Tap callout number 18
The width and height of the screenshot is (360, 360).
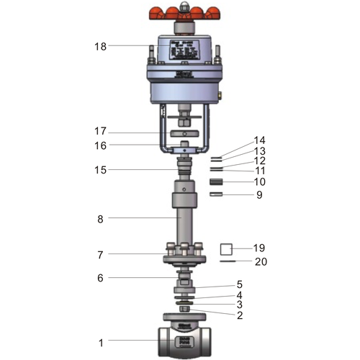coord(100,46)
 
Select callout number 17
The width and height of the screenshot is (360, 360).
coord(100,132)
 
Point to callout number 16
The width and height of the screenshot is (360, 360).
coord(100,145)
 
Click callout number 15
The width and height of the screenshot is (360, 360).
coord(100,170)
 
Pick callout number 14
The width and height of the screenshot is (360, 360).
coord(259,140)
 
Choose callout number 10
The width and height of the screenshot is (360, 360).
coord(259,182)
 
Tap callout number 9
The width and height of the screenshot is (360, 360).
coord(259,194)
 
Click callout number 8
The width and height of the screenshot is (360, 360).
coord(101,217)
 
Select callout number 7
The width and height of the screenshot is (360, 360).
coord(101,254)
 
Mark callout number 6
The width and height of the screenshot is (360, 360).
coord(101,278)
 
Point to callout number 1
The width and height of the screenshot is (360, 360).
coord(101,343)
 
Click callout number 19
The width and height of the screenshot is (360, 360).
coord(259,248)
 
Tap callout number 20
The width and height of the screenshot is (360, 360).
coord(261,261)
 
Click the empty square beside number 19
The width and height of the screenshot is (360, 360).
coord(226,249)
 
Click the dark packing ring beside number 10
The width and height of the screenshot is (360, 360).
coord(217,182)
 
